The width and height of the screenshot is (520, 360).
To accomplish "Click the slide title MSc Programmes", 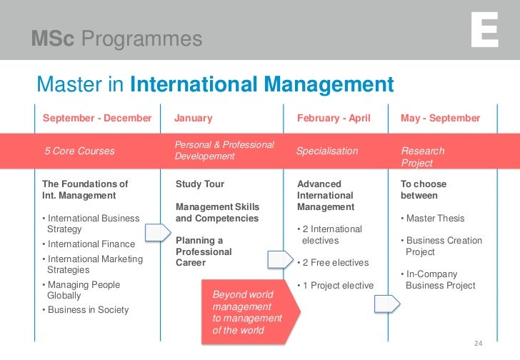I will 116,39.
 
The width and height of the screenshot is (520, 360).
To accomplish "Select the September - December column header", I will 97,118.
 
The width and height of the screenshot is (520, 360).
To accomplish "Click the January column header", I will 194,118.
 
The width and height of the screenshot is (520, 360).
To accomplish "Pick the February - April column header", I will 334,118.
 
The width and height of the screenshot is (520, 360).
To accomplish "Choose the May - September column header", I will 441,118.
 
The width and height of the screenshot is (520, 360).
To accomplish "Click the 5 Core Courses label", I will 79,151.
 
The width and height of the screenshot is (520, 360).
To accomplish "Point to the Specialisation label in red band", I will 327,151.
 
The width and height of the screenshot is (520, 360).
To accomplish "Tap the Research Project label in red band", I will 423,156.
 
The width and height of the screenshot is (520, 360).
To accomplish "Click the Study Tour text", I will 200,184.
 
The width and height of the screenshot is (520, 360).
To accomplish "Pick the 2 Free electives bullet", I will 332,262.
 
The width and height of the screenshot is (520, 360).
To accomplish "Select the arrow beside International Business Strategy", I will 157,233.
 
